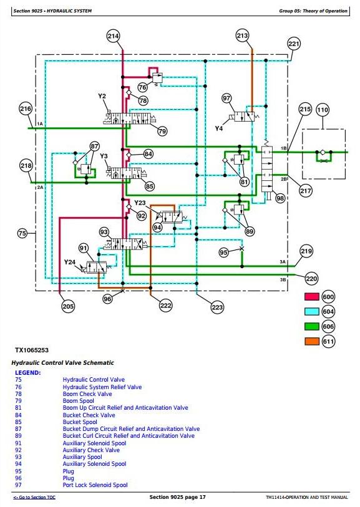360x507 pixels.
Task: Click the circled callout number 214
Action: coord(113,36)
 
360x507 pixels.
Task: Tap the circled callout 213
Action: coord(242,36)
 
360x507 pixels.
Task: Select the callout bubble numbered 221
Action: coord(294,44)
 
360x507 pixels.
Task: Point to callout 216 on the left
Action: coord(26,109)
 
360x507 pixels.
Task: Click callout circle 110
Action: coord(323,110)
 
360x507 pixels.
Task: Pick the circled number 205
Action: coord(68,306)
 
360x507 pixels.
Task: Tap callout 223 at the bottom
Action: coord(217,307)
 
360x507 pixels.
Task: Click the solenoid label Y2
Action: coord(102,96)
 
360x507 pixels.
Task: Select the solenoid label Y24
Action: coord(69,262)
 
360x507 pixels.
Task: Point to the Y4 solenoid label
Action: coord(219,128)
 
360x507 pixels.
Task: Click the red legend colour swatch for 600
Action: coord(312,296)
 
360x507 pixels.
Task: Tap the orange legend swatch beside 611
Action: coord(312,341)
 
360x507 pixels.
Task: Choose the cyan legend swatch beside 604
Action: coord(312,311)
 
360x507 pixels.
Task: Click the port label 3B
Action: coord(283,279)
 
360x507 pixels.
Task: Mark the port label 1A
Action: coord(40,124)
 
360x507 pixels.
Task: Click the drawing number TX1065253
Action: coord(32,350)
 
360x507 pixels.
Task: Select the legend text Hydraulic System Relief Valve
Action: coord(102,387)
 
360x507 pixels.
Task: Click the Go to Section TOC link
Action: coord(34,497)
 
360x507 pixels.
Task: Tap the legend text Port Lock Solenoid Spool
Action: coord(95,485)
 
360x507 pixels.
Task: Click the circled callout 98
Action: coord(280,198)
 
